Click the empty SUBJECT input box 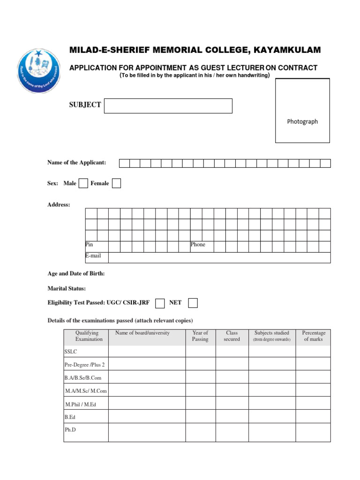tap(168, 105)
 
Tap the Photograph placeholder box tap(302, 111)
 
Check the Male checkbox tap(83, 183)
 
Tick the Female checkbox tap(116, 183)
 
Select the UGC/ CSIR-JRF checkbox tap(160, 303)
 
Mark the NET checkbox tap(193, 303)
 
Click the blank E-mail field tap(219, 257)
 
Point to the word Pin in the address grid tap(89, 245)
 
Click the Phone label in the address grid tap(198, 245)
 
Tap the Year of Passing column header tap(200, 336)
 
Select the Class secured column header tap(232, 336)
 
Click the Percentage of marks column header tap(313, 336)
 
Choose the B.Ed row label tap(69, 416)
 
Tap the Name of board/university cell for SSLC tap(147, 352)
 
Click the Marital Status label tap(67, 288)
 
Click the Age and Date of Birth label tap(76, 273)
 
